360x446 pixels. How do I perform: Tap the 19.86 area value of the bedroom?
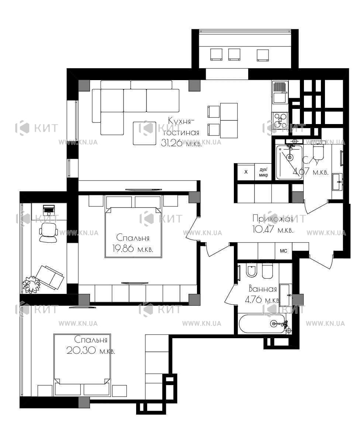click(123, 249)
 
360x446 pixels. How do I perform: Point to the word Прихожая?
click(273, 219)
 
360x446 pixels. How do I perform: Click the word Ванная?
click(263, 289)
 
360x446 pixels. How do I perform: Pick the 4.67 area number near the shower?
click(301, 171)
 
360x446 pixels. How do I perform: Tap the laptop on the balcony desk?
click(49, 210)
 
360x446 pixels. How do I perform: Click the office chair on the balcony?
click(49, 232)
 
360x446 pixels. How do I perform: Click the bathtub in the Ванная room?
click(263, 324)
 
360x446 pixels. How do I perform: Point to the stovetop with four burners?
click(280, 121)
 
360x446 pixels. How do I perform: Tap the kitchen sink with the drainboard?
click(280, 92)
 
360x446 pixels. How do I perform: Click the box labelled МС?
click(283, 251)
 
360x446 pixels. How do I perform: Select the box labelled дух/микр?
click(263, 172)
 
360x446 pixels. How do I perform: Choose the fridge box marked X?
click(246, 172)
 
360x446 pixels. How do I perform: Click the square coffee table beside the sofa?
click(145, 133)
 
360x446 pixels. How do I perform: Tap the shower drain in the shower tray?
click(290, 157)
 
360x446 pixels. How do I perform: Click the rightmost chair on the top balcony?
click(263, 55)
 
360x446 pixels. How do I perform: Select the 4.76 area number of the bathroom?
click(253, 300)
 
